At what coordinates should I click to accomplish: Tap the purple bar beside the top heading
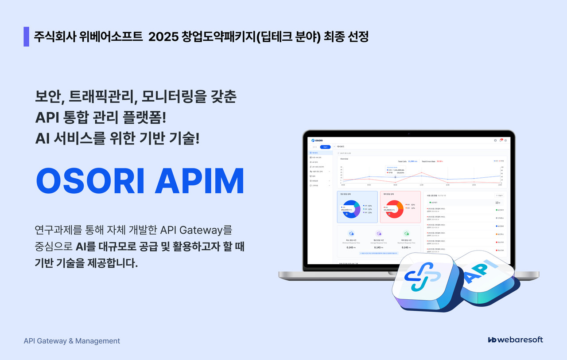coord(26,37)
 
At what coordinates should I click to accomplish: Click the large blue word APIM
coord(199,181)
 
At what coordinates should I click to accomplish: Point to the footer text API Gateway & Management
coord(72,341)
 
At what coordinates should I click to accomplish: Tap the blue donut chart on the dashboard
coord(351,207)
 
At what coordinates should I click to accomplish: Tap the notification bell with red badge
coord(501,140)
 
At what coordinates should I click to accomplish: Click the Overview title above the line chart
coord(344,159)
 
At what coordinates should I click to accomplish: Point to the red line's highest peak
coord(421,172)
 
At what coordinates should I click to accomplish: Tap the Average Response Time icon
coord(379,233)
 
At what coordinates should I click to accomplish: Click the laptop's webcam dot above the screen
coord(408,133)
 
